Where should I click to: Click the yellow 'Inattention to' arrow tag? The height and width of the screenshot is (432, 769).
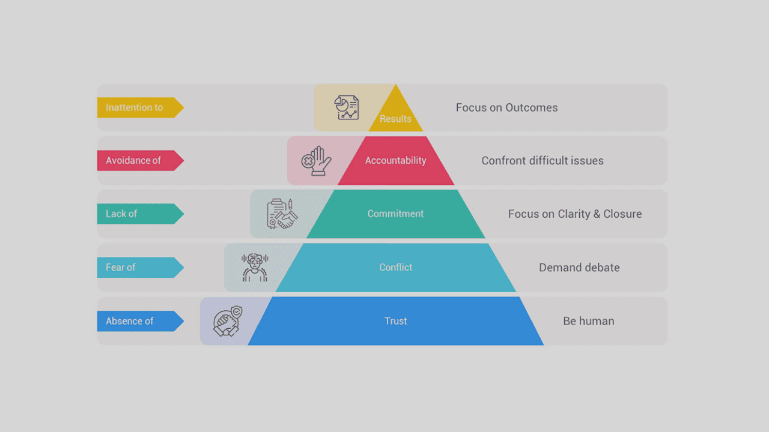[140, 107]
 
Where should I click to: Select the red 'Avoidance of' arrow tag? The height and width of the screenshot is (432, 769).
[140, 160]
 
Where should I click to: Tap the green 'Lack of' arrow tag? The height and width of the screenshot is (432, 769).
[140, 214]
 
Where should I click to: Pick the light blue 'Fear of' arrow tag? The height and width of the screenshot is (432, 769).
[140, 268]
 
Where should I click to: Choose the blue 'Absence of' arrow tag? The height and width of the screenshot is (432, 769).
[140, 321]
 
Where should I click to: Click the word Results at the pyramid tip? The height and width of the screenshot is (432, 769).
[395, 119]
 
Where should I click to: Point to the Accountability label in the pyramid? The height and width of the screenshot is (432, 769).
[395, 160]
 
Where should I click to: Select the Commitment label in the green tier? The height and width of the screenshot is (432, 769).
[395, 214]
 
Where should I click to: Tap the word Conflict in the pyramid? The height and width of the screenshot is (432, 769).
[395, 268]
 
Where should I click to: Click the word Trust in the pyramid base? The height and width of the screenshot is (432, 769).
[395, 321]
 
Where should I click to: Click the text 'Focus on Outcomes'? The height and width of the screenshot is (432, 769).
[506, 107]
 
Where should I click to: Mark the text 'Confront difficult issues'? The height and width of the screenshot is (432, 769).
[543, 160]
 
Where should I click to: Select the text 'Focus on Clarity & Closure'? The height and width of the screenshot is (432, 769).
[575, 214]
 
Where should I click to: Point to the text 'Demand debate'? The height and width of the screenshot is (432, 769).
[580, 268]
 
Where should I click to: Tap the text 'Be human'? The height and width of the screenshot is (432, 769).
[589, 321]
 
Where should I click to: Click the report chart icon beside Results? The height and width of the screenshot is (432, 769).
[347, 107]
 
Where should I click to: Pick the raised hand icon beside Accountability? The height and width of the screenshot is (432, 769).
[316, 161]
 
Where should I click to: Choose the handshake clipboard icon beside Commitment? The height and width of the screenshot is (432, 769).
[282, 214]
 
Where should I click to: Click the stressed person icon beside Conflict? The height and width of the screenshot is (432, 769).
[254, 268]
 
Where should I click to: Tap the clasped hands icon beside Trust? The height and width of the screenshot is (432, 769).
[228, 321]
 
